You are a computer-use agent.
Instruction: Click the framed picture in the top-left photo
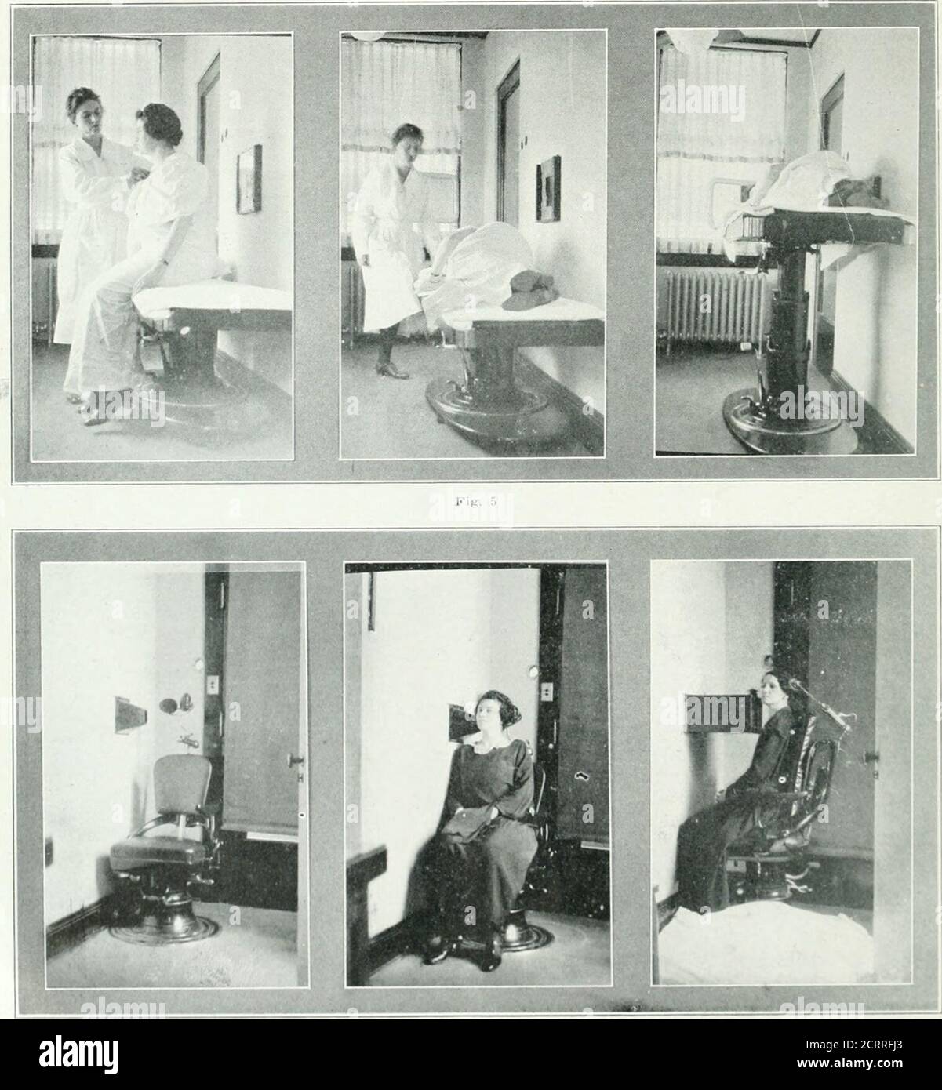click(x=249, y=179)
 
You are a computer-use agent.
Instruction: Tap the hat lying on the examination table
click(x=524, y=292)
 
